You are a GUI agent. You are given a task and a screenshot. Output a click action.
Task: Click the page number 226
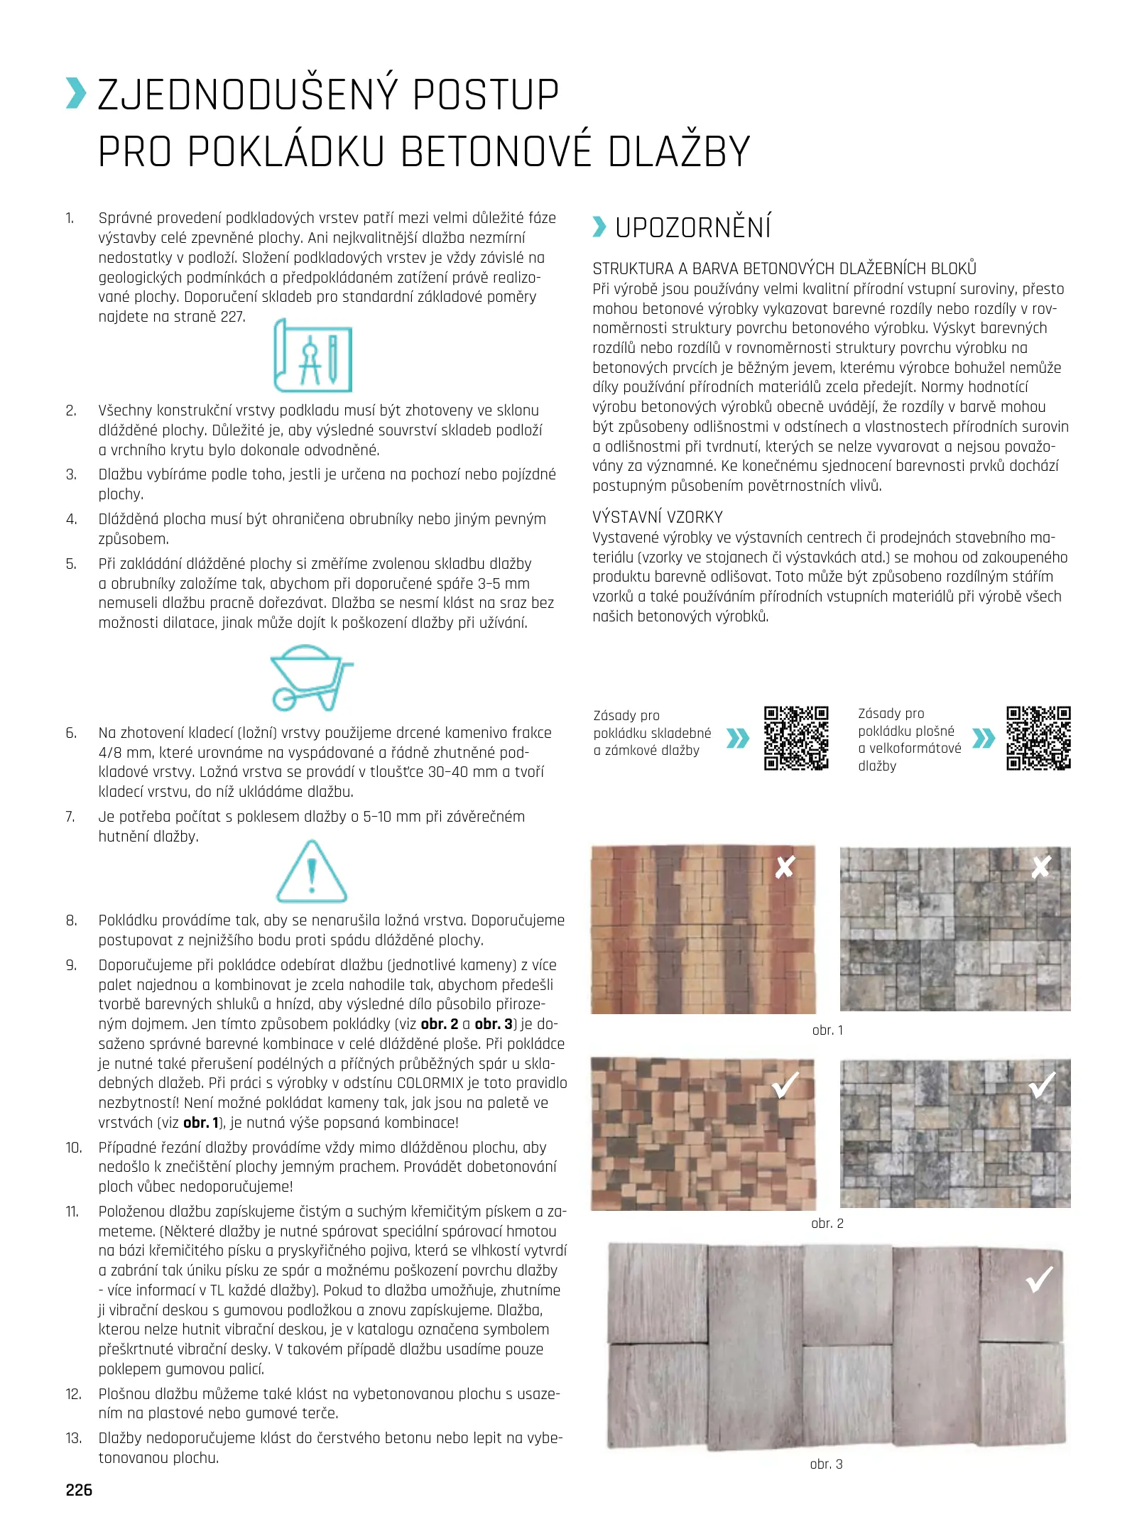tap(79, 1489)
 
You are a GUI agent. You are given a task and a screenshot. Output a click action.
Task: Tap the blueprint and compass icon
tap(313, 355)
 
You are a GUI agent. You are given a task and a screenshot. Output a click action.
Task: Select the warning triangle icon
tap(311, 871)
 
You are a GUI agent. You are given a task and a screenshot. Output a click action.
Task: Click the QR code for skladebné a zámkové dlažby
tap(796, 738)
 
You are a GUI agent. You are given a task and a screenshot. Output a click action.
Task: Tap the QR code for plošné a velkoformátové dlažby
tap(1038, 738)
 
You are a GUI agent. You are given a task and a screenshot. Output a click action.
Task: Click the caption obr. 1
tap(827, 1030)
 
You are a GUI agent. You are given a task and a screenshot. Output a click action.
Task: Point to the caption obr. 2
tap(827, 1223)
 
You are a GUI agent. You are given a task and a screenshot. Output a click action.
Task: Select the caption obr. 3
tap(826, 1464)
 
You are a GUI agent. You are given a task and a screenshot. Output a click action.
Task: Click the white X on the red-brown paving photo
tap(785, 866)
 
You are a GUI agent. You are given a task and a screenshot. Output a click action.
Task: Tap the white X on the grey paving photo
tap(1041, 866)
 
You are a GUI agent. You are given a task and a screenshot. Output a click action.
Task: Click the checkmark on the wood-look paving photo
tap(1040, 1279)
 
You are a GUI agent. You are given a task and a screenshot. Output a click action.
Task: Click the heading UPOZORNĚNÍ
tap(692, 228)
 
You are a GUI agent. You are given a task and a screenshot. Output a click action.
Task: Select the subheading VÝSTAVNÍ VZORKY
tap(658, 517)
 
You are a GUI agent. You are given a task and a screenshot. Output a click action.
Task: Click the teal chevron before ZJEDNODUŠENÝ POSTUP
tap(76, 94)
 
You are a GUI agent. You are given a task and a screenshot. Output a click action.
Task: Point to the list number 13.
tap(73, 1438)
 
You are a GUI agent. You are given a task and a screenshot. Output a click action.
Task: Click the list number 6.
tap(71, 733)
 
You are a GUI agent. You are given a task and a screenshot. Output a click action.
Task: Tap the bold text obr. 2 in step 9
tap(440, 1024)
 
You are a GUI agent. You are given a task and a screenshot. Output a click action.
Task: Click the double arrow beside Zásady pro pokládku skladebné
tap(738, 739)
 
